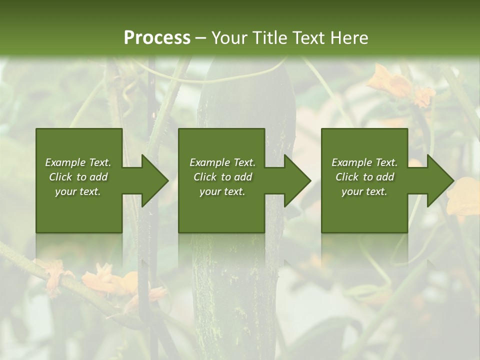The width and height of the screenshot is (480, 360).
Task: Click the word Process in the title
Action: coord(157,38)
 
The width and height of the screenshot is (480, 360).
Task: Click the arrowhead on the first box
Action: coord(155,180)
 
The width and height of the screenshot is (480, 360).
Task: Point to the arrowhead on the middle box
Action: coord(297,180)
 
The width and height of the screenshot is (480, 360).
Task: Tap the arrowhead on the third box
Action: coord(440,180)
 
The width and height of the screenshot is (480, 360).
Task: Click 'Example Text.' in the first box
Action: coord(78,162)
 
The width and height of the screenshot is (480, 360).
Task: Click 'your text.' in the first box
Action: coord(78,191)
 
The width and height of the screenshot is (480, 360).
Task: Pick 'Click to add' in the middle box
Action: coord(222,177)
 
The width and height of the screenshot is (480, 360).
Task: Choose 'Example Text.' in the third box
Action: coord(364,162)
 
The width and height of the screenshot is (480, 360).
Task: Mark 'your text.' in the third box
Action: coord(364,191)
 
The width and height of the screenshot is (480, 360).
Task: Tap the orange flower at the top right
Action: coord(390,82)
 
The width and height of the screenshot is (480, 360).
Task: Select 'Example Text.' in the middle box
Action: coord(222,162)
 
